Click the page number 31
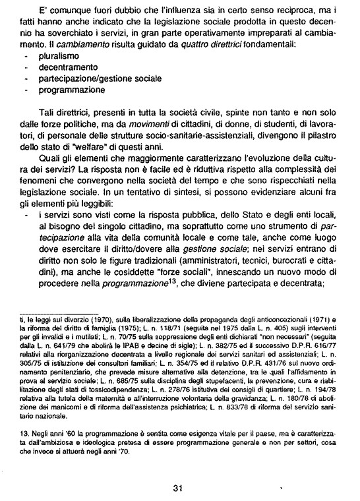[x=177, y=470]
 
